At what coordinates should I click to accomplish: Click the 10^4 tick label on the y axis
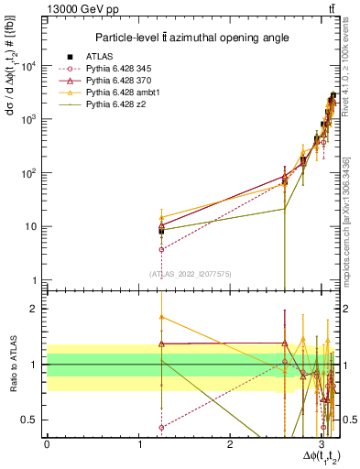[x=29, y=66]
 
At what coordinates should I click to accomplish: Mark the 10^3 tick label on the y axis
[x=29, y=119]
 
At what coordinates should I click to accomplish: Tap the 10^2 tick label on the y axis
[x=29, y=173]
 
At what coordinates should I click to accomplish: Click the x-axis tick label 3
[x=322, y=443]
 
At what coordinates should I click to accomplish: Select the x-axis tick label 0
[x=47, y=443]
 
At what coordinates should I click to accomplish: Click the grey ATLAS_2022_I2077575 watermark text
[x=191, y=273]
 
